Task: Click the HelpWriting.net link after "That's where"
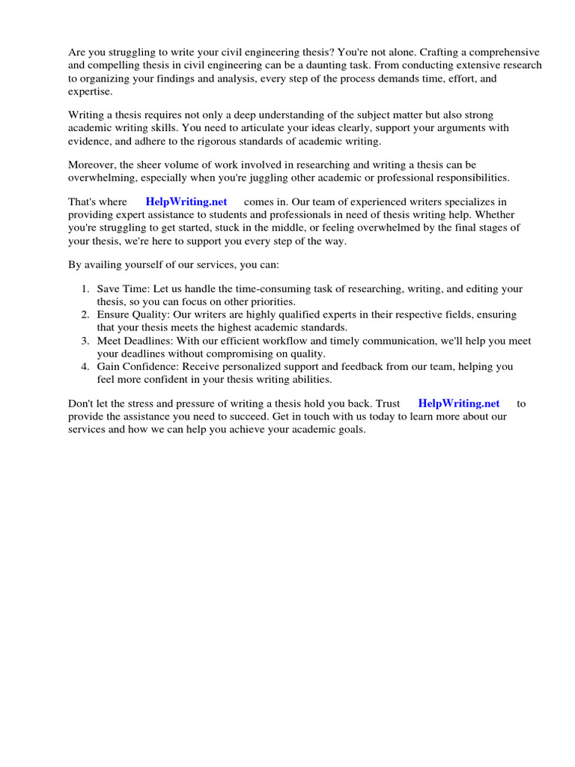point(186,202)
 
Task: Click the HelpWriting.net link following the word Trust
point(459,404)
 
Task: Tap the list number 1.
point(85,289)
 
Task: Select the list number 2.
point(85,315)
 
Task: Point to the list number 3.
point(85,341)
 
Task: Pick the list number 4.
point(85,367)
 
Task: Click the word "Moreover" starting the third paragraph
point(91,165)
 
